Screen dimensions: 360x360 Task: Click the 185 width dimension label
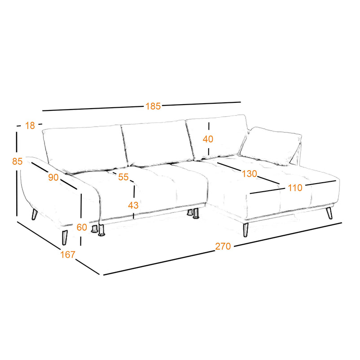[x=153, y=106]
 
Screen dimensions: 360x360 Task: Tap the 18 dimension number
[x=30, y=126]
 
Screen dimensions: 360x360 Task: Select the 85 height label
[x=17, y=161]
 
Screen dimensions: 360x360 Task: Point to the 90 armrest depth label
[x=53, y=177]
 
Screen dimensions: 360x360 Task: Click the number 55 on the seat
[x=123, y=177]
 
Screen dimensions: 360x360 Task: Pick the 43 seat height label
[x=133, y=205]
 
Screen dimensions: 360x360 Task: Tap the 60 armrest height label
[x=82, y=227]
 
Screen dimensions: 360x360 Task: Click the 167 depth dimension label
[x=68, y=255]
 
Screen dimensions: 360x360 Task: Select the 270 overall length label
[x=223, y=246]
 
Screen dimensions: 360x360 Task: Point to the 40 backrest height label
[x=208, y=139]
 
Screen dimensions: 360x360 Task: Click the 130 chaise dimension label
[x=249, y=174]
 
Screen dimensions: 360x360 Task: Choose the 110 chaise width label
[x=295, y=188]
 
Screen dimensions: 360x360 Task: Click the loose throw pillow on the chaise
[x=271, y=146]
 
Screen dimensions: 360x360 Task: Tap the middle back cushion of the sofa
[x=157, y=142]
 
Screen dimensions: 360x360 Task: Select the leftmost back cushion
[x=84, y=149]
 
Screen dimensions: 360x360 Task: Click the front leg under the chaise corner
[x=246, y=229]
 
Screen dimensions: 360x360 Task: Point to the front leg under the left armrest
[x=65, y=237]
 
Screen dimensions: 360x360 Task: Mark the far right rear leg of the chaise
[x=329, y=213]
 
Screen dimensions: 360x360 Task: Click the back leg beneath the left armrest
[x=35, y=215]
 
